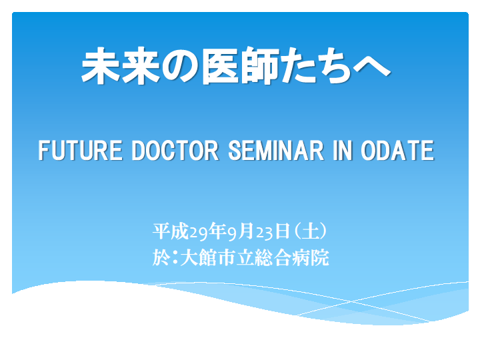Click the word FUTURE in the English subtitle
coord(80,150)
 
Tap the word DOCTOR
coord(175,150)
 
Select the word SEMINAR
coord(276,150)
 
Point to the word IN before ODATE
coord(343,150)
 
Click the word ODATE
coord(397,150)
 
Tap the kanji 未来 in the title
coord(121,65)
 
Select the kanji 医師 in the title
coord(241,65)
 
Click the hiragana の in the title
coord(181,67)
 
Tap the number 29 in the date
coord(198,233)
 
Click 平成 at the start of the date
coord(171,231)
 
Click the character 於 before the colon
coord(161,257)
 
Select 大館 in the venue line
coord(199,257)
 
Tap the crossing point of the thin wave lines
coord(351,301)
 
